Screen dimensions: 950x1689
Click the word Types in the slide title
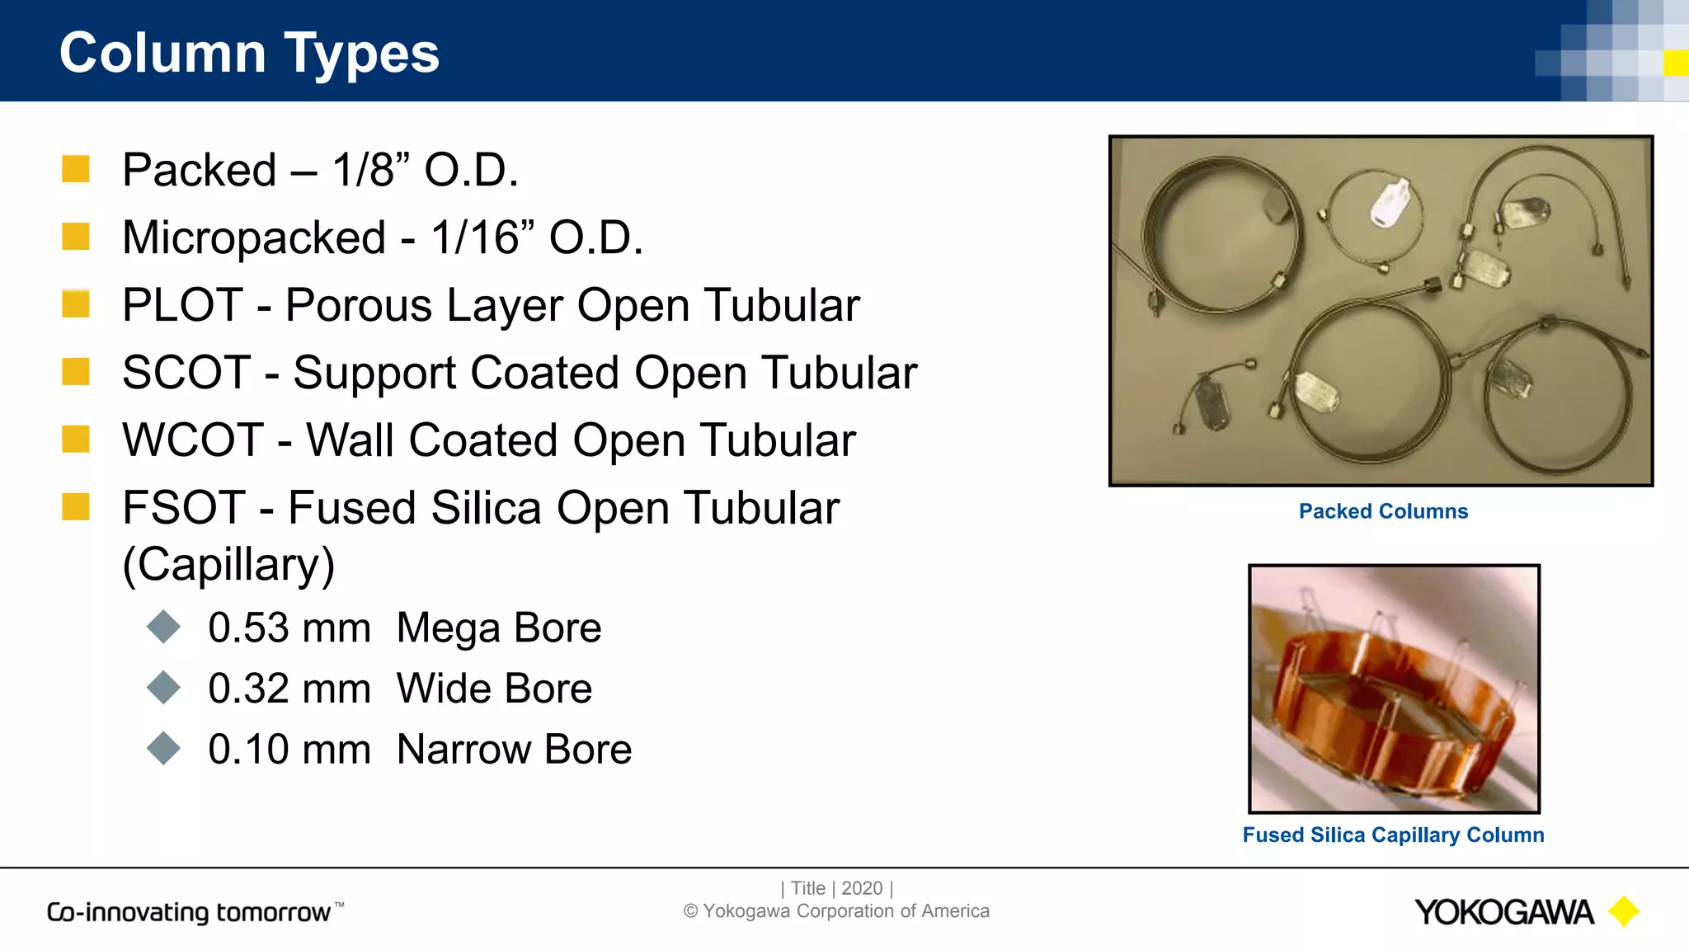click(x=362, y=54)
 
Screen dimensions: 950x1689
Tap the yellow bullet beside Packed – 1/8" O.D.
click(x=76, y=169)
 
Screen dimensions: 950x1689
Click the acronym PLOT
click(x=182, y=305)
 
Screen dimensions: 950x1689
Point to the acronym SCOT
click(x=186, y=373)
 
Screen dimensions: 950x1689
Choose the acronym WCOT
click(x=193, y=440)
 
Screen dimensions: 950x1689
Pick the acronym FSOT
click(x=184, y=508)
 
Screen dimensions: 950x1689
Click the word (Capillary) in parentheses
click(x=228, y=565)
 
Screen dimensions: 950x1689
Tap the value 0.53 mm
click(x=289, y=628)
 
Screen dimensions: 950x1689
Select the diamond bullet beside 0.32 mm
click(x=163, y=688)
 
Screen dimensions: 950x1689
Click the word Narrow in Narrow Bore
click(x=463, y=750)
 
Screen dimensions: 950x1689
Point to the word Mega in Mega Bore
click(x=449, y=628)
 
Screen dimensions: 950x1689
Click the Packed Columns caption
click(x=1383, y=511)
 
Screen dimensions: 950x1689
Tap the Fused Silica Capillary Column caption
click(x=1393, y=835)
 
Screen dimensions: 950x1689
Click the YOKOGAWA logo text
click(x=1503, y=912)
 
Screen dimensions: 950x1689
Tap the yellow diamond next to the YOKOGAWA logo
click(x=1624, y=911)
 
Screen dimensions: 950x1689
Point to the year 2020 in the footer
click(x=862, y=888)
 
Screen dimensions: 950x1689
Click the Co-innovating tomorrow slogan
click(x=190, y=912)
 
